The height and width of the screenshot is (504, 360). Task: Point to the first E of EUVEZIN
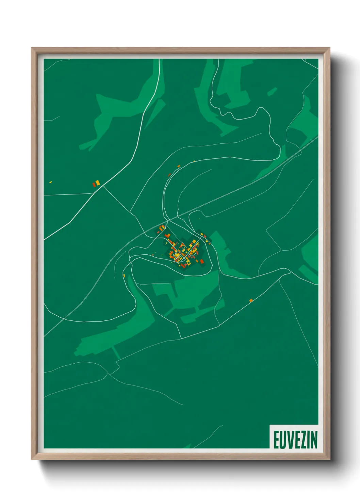point(276,440)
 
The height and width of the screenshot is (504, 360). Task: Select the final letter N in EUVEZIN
point(314,440)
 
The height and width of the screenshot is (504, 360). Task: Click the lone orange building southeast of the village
point(251,300)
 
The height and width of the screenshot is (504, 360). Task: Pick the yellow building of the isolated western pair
point(98,183)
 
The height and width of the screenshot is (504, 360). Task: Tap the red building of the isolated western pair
point(94,185)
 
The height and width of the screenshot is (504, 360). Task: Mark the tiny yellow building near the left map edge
point(50,182)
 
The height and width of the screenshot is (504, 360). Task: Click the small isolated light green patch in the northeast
point(272,92)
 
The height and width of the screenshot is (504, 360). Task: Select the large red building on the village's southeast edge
point(202,262)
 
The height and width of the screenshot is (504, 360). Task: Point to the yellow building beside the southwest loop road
point(124,275)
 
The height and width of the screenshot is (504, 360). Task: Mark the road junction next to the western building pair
point(103,186)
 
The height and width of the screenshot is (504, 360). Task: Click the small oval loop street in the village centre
point(177,255)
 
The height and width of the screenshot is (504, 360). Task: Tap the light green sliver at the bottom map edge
point(187,446)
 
